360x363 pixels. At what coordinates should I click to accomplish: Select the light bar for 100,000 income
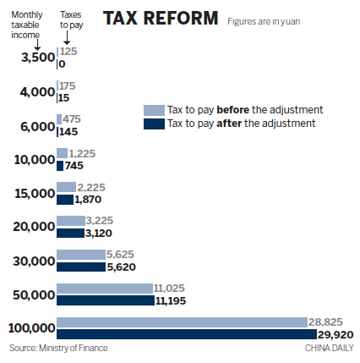(x=181, y=322)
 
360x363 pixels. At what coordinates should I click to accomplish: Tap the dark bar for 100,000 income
(x=181, y=334)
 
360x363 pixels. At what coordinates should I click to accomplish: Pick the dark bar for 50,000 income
(x=105, y=300)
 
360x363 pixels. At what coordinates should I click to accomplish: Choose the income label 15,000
(x=34, y=193)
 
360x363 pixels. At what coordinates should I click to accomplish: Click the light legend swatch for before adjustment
(x=152, y=110)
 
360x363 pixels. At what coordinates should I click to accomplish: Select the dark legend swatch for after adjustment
(x=152, y=124)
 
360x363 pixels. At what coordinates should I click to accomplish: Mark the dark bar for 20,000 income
(x=70, y=233)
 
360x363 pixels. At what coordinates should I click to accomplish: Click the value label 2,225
(x=90, y=187)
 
